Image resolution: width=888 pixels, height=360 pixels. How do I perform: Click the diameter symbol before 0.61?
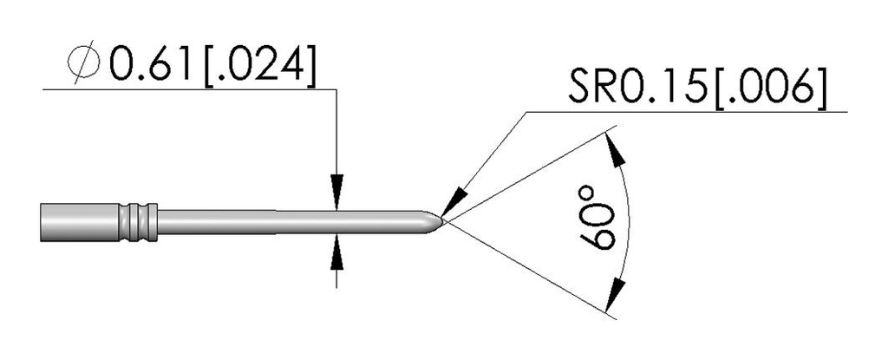[83, 63]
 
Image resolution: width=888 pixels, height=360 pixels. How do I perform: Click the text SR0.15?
[638, 86]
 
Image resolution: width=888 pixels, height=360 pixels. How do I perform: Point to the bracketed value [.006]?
[768, 87]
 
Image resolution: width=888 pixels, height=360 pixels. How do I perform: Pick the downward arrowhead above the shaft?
[337, 193]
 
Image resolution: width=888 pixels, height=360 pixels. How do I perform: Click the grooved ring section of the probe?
[139, 222]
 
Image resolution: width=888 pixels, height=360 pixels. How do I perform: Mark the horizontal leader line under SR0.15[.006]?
[687, 112]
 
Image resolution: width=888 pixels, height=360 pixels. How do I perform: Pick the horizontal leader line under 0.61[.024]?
[190, 89]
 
